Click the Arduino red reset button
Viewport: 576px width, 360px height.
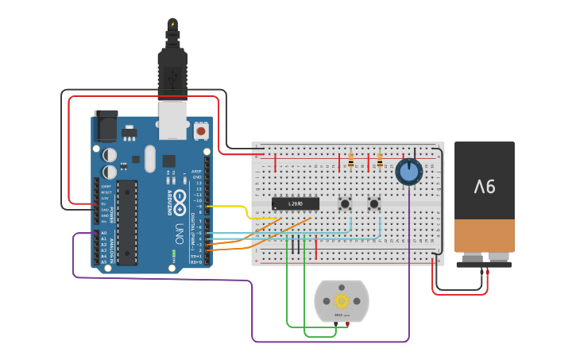[201, 130]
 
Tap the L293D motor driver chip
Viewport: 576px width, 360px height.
[296, 203]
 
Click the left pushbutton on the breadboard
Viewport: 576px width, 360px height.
[345, 204]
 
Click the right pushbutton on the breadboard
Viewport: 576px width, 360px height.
[373, 204]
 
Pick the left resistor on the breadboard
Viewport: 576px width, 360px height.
[350, 161]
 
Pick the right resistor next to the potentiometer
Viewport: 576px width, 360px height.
[380, 161]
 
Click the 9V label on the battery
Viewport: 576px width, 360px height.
[485, 187]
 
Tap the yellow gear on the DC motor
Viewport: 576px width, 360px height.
[342, 300]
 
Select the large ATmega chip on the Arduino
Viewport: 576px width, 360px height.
[127, 223]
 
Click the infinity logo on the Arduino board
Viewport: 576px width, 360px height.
[180, 198]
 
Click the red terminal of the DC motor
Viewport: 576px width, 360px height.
[347, 324]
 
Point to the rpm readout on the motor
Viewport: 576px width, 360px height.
[342, 315]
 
